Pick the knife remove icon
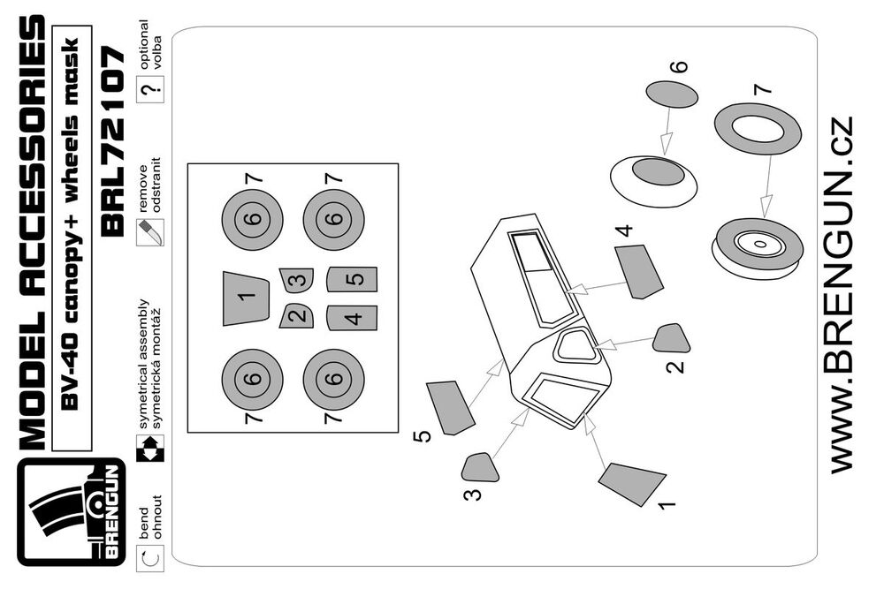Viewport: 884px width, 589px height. click(x=149, y=232)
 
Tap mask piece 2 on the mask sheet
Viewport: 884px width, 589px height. click(x=297, y=315)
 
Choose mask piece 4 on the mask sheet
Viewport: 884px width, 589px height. click(x=353, y=317)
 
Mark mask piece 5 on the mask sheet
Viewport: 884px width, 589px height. click(x=353, y=280)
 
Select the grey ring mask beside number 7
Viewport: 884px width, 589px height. click(x=757, y=127)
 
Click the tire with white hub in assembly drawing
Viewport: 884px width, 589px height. click(x=758, y=245)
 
